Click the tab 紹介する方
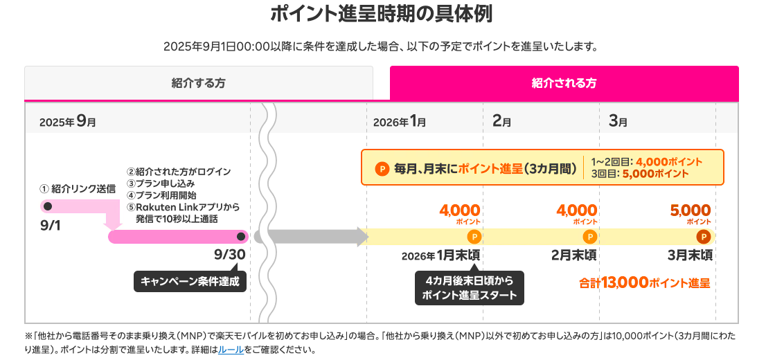[198, 83]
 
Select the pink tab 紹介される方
[564, 83]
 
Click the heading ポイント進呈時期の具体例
[382, 15]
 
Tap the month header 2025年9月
[67, 121]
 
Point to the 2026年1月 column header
[400, 121]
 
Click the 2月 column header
[501, 121]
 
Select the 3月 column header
[618, 121]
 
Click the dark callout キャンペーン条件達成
[190, 280]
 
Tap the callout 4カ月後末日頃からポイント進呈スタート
[470, 287]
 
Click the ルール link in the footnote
[231, 350]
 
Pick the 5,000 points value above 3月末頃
[691, 210]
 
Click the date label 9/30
[230, 254]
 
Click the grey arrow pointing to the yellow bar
[312, 237]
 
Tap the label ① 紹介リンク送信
[78, 188]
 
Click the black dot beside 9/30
[241, 237]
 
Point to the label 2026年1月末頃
[440, 255]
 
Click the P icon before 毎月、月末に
[382, 168]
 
